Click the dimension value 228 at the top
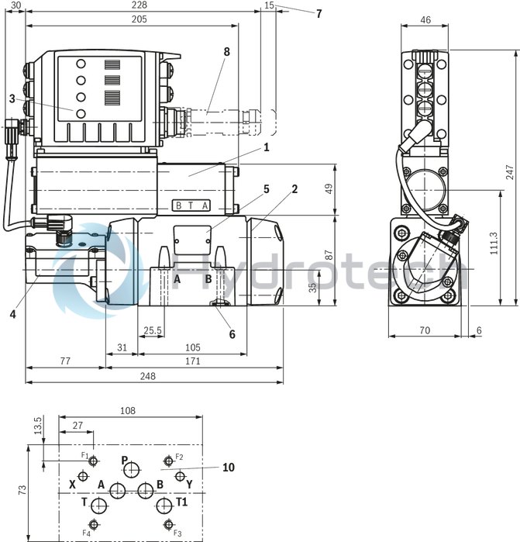click(139, 6)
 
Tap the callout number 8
click(226, 52)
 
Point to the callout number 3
click(12, 98)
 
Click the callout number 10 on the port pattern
click(228, 467)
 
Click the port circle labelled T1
click(164, 506)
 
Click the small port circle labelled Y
click(180, 476)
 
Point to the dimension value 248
click(147, 376)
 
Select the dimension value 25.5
click(153, 331)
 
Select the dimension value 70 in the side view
click(425, 331)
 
